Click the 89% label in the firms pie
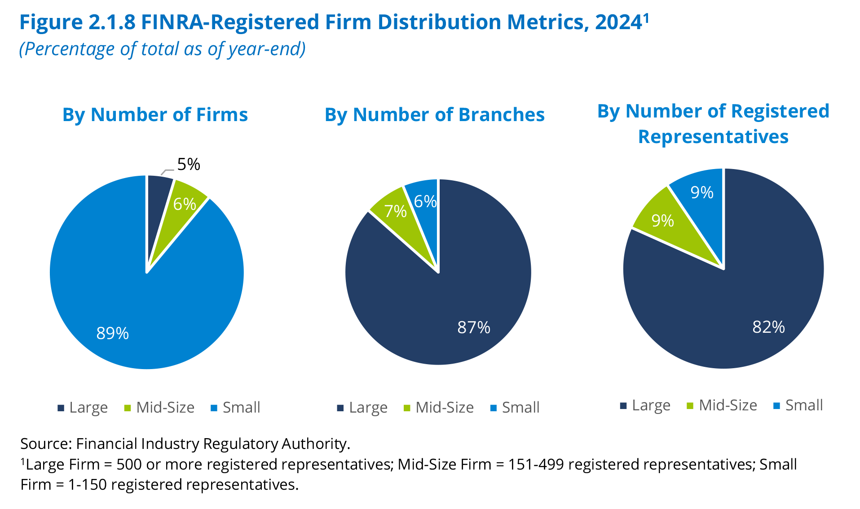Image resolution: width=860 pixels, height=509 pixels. [113, 333]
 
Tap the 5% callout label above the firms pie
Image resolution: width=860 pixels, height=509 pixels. [188, 165]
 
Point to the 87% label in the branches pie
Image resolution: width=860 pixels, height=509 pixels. [474, 327]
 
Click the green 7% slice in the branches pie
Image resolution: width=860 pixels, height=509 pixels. [396, 211]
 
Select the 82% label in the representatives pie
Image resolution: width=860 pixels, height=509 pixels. [768, 327]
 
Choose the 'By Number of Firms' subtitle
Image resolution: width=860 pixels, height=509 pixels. [155, 115]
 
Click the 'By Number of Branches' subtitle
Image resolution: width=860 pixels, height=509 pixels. [434, 115]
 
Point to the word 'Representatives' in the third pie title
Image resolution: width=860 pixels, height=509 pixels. [713, 137]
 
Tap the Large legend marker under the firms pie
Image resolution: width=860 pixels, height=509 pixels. [61, 408]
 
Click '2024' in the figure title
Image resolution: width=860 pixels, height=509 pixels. [618, 22]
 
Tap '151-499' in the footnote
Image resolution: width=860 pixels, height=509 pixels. [536, 465]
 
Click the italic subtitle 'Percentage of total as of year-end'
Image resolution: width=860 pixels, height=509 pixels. [162, 49]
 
